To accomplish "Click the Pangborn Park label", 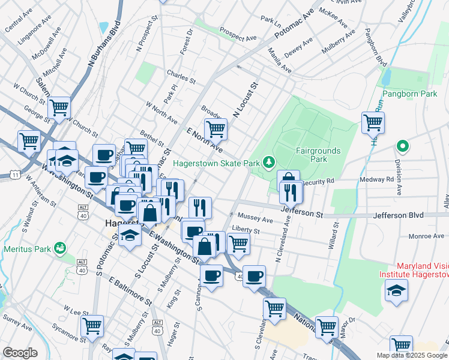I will click(410, 94).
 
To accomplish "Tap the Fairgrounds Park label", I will click(318, 155).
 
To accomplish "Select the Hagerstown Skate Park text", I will click(216, 163).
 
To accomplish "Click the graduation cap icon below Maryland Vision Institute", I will click(396, 292).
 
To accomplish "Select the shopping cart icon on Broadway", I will click(215, 128).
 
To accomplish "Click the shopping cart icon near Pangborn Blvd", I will click(373, 122).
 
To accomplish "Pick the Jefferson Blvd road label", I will click(398, 215).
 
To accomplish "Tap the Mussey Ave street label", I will click(255, 218).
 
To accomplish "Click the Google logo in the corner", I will click(20, 353).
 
